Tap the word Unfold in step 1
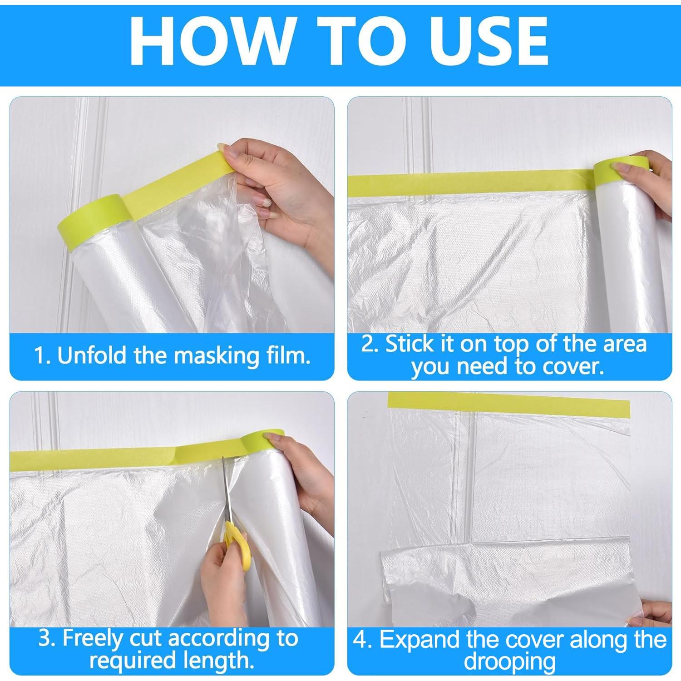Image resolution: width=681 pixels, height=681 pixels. pyautogui.click(x=94, y=355)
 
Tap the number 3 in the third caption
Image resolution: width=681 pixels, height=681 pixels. pyautogui.click(x=46, y=638)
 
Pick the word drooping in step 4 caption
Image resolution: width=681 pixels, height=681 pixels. pyautogui.click(x=509, y=661)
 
